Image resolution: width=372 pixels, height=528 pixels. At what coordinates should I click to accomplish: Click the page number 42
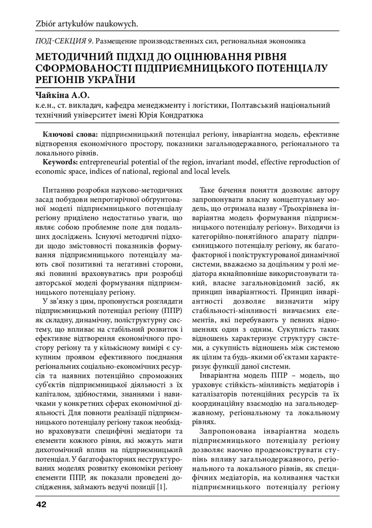pos(40,504)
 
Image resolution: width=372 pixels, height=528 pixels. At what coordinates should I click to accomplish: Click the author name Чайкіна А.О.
pos(62,95)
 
